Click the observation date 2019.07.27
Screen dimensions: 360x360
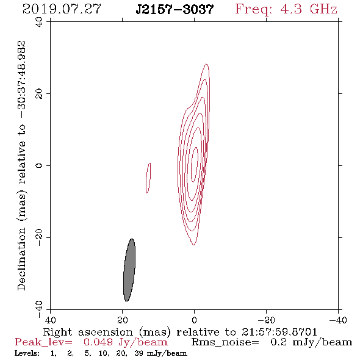click(x=62, y=9)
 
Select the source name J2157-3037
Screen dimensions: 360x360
click(x=175, y=10)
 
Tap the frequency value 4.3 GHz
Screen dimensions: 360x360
click(x=309, y=9)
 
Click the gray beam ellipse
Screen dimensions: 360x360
click(x=129, y=270)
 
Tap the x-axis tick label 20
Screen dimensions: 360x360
click(x=122, y=320)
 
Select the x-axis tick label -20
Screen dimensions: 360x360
click(x=266, y=320)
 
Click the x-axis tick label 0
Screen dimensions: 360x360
click(x=194, y=320)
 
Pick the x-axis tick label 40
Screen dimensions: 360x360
click(x=50, y=320)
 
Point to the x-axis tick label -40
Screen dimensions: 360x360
click(x=338, y=320)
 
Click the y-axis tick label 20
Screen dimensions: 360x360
click(x=39, y=94)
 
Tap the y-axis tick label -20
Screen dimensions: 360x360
click(x=39, y=237)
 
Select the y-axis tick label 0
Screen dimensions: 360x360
click(x=39, y=165)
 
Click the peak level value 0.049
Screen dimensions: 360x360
click(x=98, y=342)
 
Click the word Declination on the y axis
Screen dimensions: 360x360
click(x=21, y=259)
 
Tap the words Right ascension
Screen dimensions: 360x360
click(x=88, y=332)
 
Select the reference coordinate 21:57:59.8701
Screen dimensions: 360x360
click(x=279, y=332)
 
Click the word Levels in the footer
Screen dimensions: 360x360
click(x=27, y=353)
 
